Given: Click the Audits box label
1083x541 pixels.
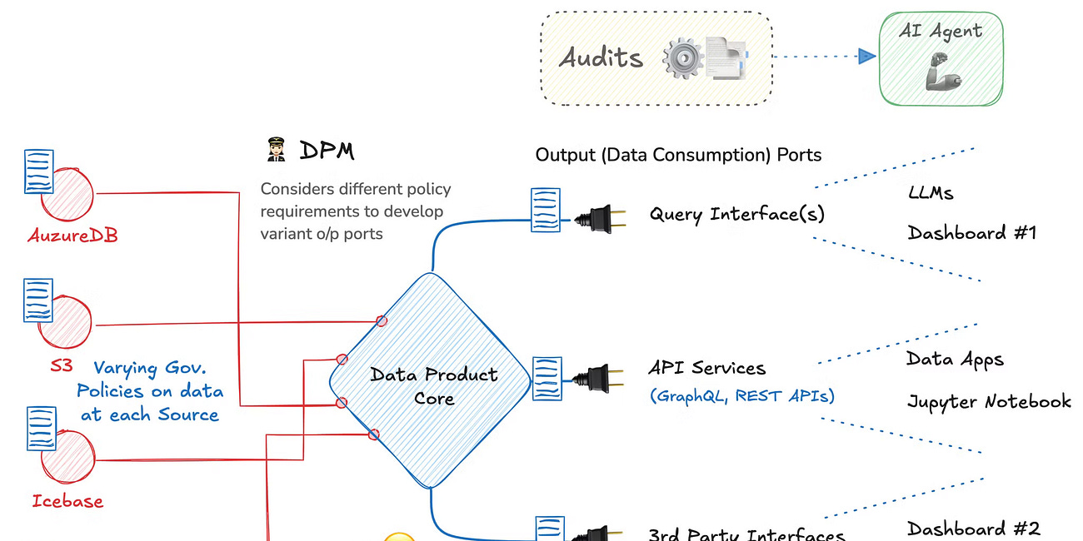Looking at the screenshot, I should (x=601, y=57).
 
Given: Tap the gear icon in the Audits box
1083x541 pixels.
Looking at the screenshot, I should (x=683, y=59).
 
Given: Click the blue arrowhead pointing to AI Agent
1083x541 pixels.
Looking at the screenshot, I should (x=866, y=57).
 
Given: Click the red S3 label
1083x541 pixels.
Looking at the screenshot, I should (x=61, y=365).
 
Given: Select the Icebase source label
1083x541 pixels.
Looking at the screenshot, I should (x=67, y=501).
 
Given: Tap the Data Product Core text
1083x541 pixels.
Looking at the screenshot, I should (x=433, y=385).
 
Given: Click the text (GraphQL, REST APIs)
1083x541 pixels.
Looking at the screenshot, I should (x=741, y=396).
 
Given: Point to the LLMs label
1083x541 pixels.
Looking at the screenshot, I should (x=931, y=193).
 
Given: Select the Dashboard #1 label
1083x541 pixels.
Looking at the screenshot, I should (x=971, y=233).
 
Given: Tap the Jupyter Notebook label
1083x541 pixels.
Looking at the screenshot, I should (x=989, y=402).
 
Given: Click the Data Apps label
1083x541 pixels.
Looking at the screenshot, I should (x=955, y=360).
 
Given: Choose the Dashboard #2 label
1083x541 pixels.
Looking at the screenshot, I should (x=973, y=529).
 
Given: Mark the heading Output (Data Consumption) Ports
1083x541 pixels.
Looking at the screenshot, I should (x=678, y=155).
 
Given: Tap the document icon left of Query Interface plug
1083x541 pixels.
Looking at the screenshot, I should (x=546, y=210).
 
